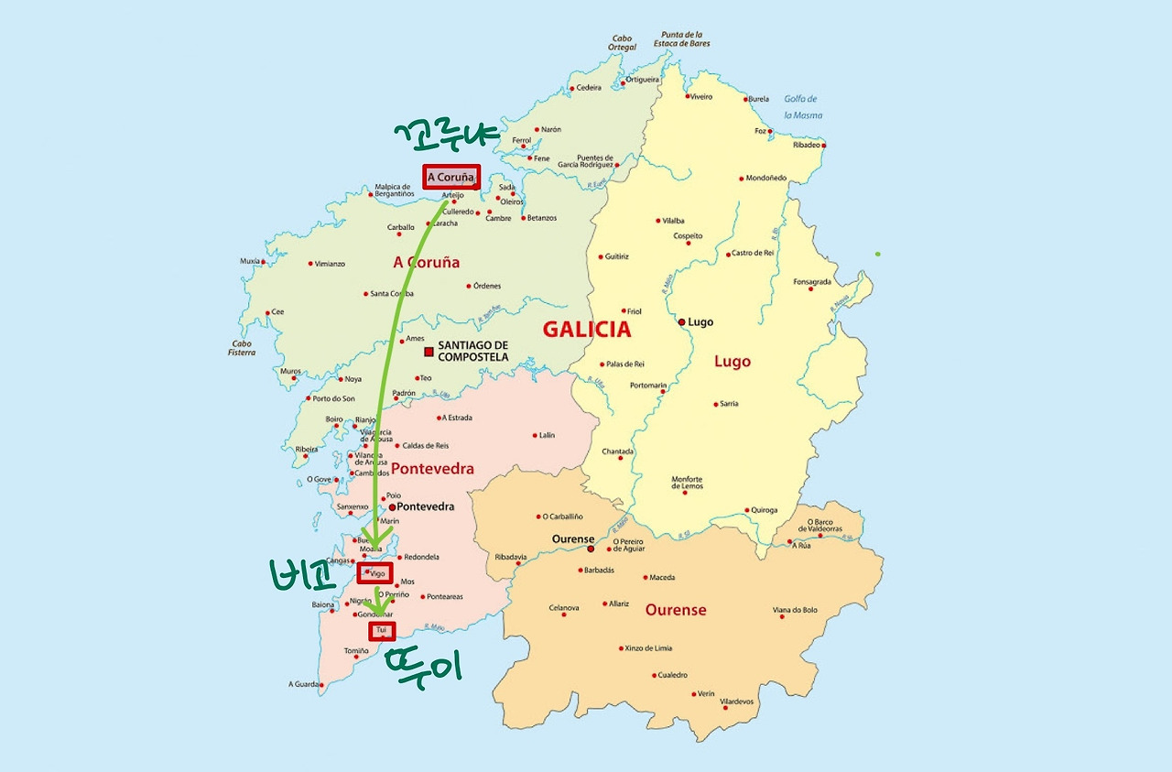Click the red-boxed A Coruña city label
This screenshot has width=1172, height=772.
point(451,177)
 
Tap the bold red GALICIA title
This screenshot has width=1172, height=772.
point(586,330)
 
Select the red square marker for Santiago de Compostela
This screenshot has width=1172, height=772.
point(428,352)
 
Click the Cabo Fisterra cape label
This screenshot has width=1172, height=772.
point(242,348)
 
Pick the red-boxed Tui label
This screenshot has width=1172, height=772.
point(383,631)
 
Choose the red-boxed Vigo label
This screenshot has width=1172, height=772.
point(374,573)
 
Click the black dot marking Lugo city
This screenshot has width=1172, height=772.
point(681,322)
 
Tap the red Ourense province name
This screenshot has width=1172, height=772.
point(676,610)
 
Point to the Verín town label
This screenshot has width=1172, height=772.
point(706,694)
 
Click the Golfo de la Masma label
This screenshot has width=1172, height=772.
point(802,107)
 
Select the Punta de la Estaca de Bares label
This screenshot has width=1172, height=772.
point(681,39)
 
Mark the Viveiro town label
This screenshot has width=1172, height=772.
point(700,96)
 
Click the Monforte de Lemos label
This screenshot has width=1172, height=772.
point(687,483)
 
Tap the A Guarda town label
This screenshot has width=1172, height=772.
point(303,684)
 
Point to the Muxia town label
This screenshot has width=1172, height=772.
point(250,261)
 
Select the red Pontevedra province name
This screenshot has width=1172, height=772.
point(432,469)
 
